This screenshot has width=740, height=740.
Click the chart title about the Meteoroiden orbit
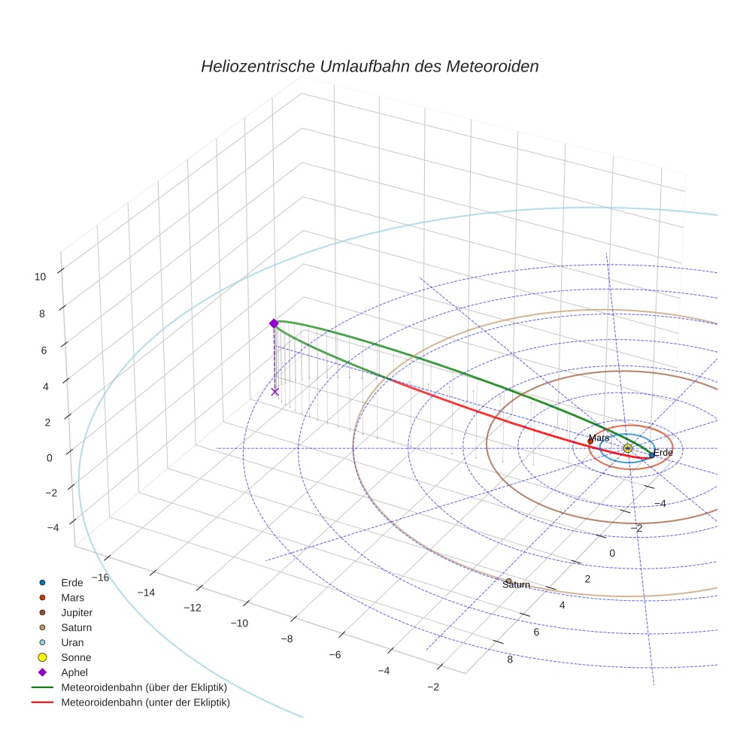pyautogui.click(x=369, y=66)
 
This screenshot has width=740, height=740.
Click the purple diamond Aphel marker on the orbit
pyautogui.click(x=274, y=323)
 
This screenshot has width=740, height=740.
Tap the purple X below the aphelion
pyautogui.click(x=274, y=391)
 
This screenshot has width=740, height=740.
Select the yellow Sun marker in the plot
pyautogui.click(x=628, y=448)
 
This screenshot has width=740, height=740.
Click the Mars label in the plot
pyautogui.click(x=599, y=438)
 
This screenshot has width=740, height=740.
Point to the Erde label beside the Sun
pyautogui.click(x=663, y=453)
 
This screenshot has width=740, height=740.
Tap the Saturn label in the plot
pyautogui.click(x=517, y=585)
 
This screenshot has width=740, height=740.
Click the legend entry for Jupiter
pyautogui.click(x=77, y=612)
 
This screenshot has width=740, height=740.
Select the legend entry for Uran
pyautogui.click(x=72, y=642)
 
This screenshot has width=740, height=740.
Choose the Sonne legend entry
pyautogui.click(x=76, y=657)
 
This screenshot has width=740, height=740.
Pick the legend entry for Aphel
pyautogui.click(x=74, y=672)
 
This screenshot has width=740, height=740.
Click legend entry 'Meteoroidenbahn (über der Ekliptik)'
pyautogui.click(x=144, y=687)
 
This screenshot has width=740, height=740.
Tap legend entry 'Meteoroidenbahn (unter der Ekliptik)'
pyautogui.click(x=145, y=702)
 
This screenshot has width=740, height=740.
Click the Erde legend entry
pyautogui.click(x=72, y=582)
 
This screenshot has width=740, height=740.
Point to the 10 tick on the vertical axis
pyautogui.click(x=40, y=276)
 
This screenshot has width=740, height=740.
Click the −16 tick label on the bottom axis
pyautogui.click(x=99, y=577)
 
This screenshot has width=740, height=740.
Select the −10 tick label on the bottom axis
pyautogui.click(x=241, y=623)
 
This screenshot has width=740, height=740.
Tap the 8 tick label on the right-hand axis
pyautogui.click(x=510, y=660)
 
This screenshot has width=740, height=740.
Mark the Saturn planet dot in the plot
pyautogui.click(x=508, y=581)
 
